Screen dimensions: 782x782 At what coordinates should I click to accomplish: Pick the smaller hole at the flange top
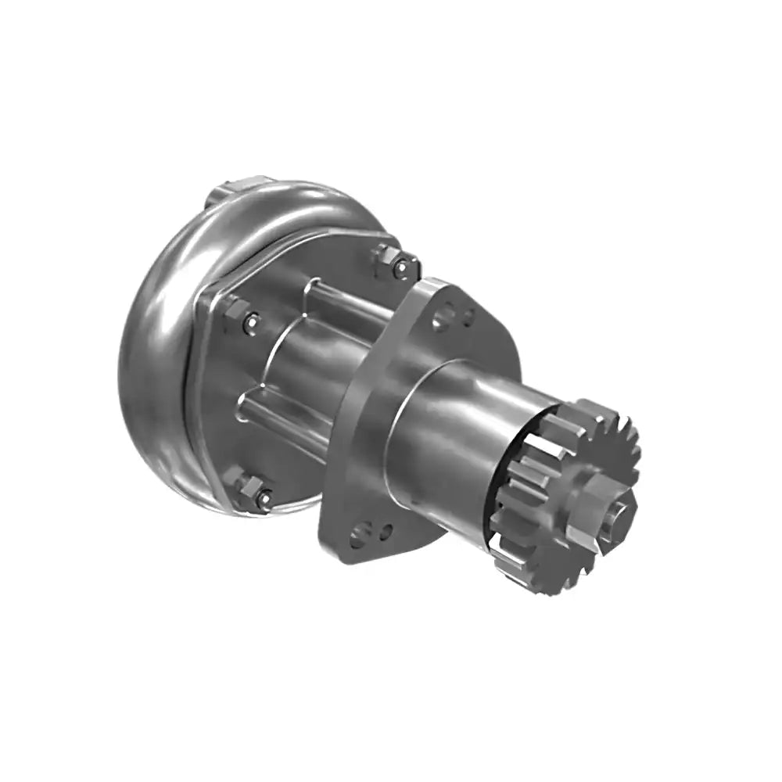click(468, 316)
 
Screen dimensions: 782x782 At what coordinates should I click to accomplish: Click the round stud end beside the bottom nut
click(266, 498)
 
